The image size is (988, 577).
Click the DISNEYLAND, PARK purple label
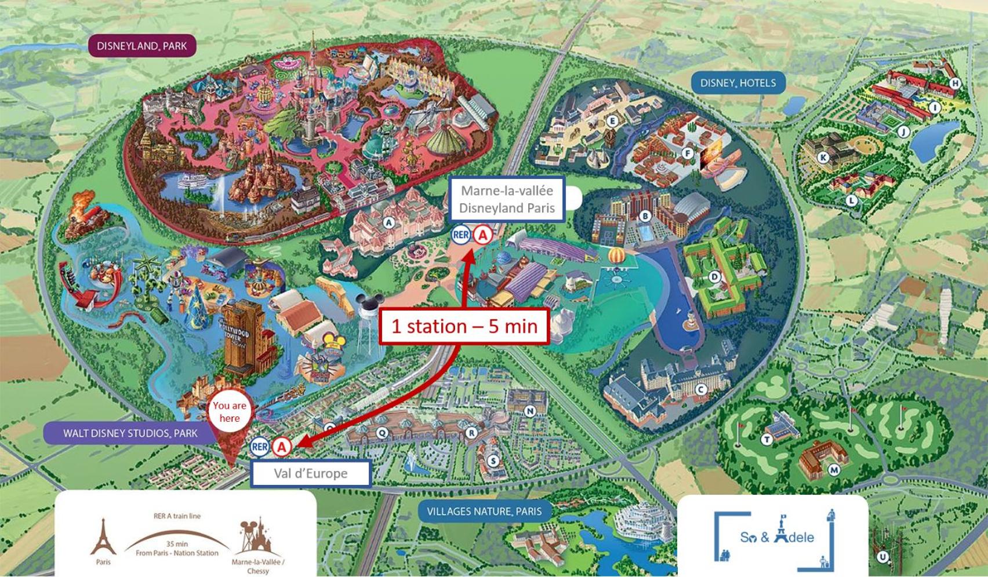coord(141,46)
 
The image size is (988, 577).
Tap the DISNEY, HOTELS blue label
coord(738,83)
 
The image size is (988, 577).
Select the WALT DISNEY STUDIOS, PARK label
coord(130,433)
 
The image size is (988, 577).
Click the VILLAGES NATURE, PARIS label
coord(484,512)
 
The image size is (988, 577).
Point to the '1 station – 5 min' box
coord(464,326)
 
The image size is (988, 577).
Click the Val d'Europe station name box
coord(311,473)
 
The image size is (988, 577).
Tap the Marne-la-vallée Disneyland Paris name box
coord(507,199)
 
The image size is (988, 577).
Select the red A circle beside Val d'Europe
coord(282,447)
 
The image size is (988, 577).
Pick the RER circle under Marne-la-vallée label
coord(461,235)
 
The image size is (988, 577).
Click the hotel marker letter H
coord(954,83)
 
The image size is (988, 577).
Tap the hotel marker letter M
coord(834,470)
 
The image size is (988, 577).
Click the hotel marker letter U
coord(882,557)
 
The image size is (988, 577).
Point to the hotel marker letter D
coord(715,277)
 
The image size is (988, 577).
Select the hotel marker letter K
coord(823,158)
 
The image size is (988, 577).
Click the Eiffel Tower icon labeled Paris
coord(103,537)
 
